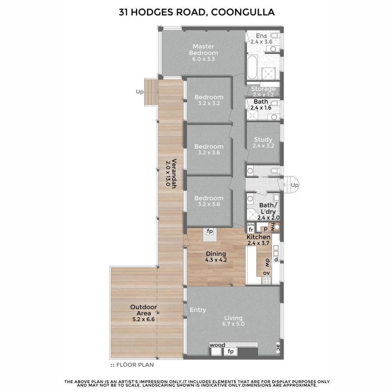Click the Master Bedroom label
[203, 52]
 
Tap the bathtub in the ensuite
[252, 67]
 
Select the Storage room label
[263, 91]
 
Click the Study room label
[263, 142]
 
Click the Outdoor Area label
[144, 313]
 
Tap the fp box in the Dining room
[210, 231]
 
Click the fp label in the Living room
[231, 351]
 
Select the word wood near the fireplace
[217, 345]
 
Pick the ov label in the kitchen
[266, 273]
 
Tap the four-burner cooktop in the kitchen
[266, 281]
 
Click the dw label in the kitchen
[267, 262]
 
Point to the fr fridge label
[251, 230]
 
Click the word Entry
[198, 310]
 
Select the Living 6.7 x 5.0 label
[233, 321]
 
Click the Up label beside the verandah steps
[140, 92]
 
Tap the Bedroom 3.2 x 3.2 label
[209, 100]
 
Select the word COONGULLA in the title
[243, 12]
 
